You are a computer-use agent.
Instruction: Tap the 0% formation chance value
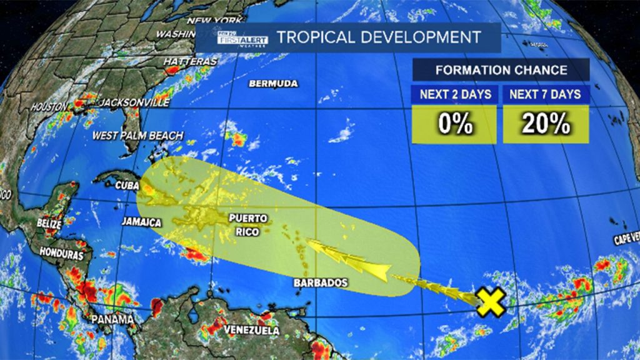coord(454,124)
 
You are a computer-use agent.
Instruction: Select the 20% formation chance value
coord(546,124)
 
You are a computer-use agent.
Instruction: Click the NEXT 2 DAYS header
coord(454,95)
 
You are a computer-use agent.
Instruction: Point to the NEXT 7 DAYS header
coord(546,95)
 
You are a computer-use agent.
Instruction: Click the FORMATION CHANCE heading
coord(501,70)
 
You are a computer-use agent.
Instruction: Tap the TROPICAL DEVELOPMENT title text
coord(379,37)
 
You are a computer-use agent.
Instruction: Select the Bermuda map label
coord(273,84)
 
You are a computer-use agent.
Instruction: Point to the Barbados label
coord(321,283)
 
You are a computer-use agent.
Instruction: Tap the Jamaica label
coord(141,222)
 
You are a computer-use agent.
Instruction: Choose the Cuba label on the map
coord(126,184)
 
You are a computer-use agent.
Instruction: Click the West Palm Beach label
coord(137,136)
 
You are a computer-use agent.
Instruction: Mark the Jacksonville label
coord(135,102)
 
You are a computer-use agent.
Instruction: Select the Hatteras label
coord(191,62)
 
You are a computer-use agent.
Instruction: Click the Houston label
coord(49,107)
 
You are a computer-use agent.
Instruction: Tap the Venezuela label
coord(251,330)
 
